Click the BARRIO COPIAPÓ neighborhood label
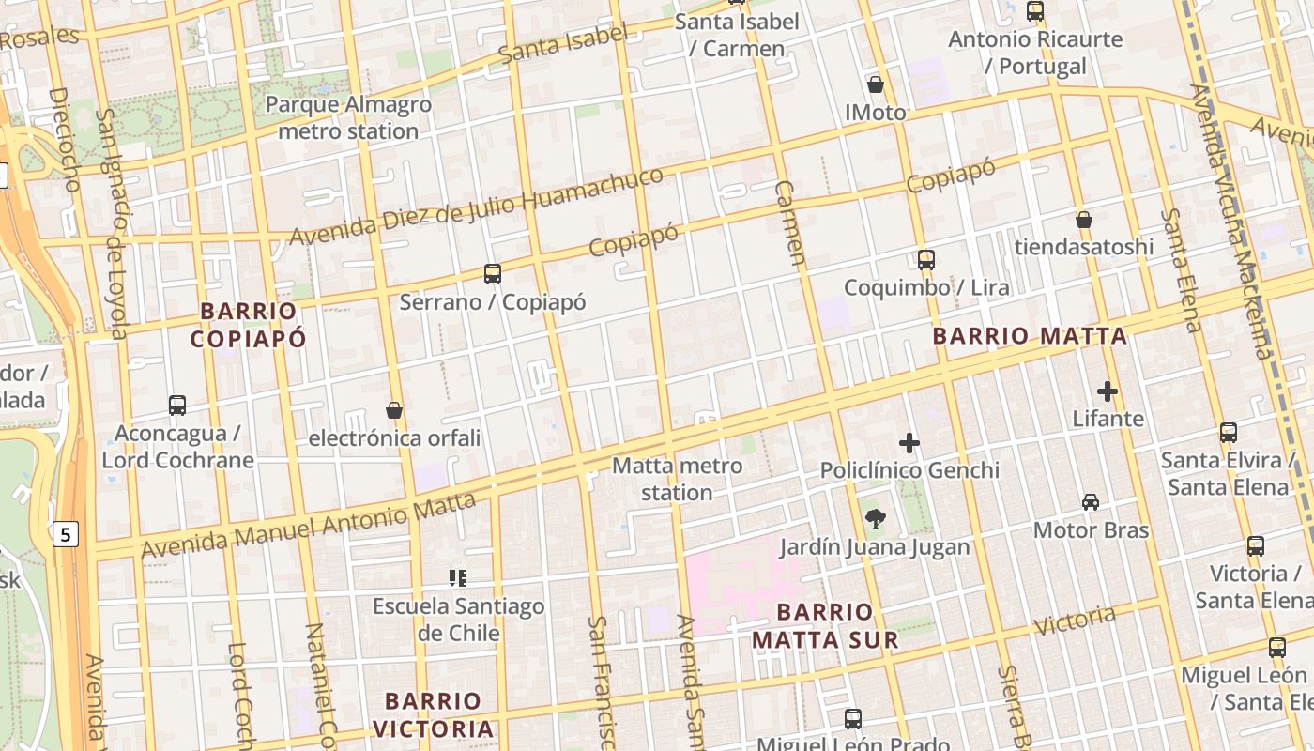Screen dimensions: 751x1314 pos(249,325)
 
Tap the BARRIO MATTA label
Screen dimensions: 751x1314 pos(1030,336)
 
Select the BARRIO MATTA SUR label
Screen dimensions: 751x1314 pos(825,626)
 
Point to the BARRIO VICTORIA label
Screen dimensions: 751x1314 pos(434,714)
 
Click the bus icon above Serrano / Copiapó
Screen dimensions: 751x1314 pos(493,274)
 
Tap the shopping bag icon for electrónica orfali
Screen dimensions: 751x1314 pos(394,410)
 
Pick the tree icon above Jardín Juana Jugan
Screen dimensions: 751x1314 pos(875,518)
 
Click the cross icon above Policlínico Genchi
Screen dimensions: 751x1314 pos(909,443)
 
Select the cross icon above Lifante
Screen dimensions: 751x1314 pos(1108,391)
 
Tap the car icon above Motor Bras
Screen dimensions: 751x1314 pos(1091,502)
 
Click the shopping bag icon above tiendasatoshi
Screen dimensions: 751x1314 pos(1084,220)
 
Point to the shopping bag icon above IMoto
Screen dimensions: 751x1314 pos(876,84)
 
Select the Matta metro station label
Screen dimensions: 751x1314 pos(677,479)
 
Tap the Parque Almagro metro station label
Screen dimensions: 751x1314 pos(348,117)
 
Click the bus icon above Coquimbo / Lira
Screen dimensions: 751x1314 pos(926,260)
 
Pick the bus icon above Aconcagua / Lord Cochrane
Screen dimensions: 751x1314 pos(177,406)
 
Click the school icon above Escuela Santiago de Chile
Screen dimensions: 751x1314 pos(458,578)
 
